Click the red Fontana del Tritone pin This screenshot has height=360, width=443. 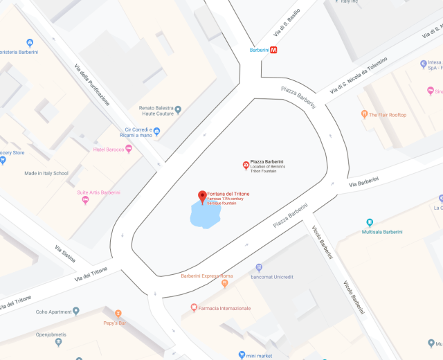click(202, 197)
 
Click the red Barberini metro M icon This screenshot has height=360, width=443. click(274, 50)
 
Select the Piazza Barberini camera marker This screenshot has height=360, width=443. click(245, 165)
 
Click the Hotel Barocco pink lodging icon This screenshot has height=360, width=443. click(129, 149)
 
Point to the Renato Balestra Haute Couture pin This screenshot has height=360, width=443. click(178, 109)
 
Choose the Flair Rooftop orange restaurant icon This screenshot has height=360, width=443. click(364, 114)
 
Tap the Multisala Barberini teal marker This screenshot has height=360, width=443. click(370, 223)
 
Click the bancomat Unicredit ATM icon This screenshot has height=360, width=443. click(259, 267)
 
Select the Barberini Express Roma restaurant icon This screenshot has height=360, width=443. click(224, 283)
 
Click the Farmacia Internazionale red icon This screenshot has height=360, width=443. click(194, 307)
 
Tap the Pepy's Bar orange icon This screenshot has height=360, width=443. click(118, 314)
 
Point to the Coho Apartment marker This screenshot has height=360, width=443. click(76, 311)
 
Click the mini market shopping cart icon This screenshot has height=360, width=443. click(242, 356)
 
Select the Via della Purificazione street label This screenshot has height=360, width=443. click(92, 84)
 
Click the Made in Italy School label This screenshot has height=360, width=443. click(46, 173)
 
